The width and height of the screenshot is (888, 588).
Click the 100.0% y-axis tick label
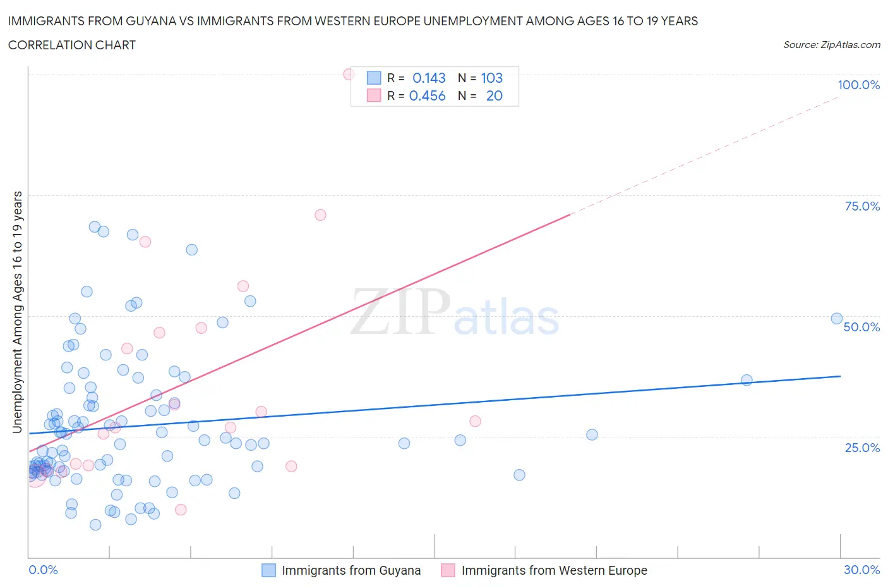point(858,85)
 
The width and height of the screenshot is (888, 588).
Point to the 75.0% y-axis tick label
point(862,206)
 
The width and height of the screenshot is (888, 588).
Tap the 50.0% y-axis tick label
point(861,327)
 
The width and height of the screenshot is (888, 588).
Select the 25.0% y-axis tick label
point(862,448)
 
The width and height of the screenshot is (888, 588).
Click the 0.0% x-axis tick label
point(43,570)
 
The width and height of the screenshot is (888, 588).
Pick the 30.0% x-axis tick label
point(861,570)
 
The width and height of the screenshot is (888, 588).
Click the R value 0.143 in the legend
point(429,78)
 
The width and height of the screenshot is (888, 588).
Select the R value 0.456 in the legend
point(427,95)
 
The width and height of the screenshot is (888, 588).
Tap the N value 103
point(491,78)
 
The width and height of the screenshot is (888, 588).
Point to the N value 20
point(494,95)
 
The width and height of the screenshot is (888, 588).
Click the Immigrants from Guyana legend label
point(351,570)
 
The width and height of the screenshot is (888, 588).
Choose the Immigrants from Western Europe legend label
point(554,570)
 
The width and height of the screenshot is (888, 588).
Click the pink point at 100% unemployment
point(349,74)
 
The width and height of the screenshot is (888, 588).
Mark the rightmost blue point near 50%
point(837,319)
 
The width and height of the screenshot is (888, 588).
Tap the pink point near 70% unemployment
point(320,215)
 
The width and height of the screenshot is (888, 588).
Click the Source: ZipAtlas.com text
point(831,45)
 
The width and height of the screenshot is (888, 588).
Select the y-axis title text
point(17,312)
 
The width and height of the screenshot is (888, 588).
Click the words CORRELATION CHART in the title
point(72,45)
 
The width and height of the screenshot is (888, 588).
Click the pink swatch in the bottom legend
point(448,570)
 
